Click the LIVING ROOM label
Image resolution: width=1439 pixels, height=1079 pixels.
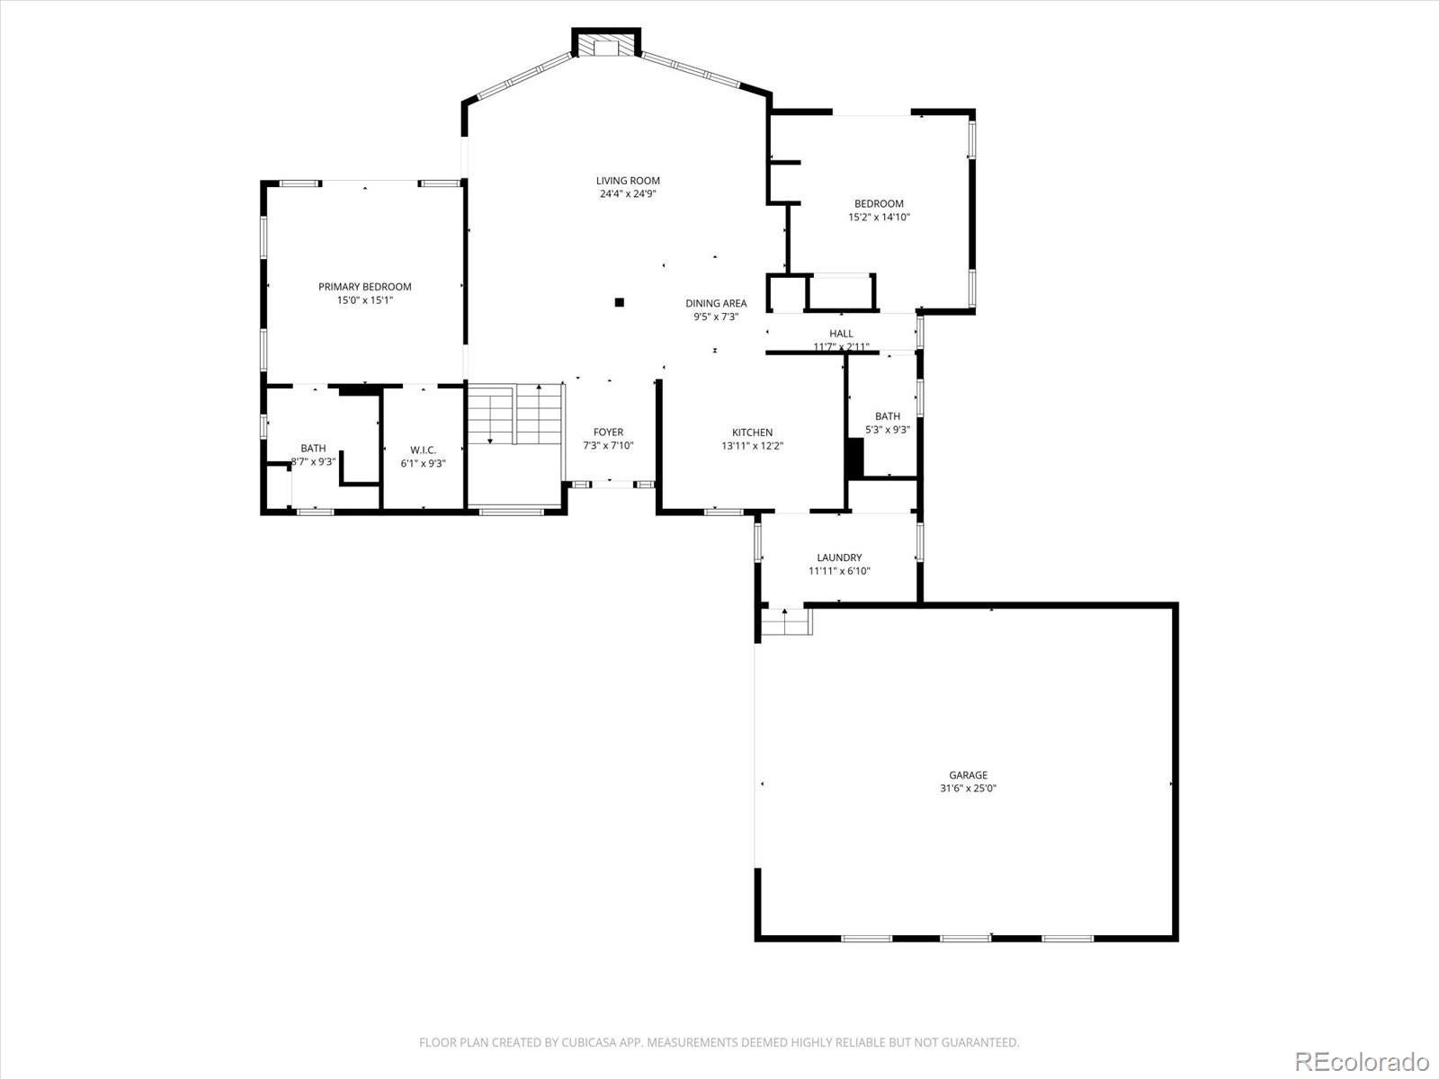click(628, 181)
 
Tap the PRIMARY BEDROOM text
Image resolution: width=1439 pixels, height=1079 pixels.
click(365, 287)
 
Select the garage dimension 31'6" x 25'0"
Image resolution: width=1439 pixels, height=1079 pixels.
click(968, 789)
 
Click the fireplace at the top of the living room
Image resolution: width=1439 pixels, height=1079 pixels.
click(608, 47)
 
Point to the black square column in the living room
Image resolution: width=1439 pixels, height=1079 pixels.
click(619, 303)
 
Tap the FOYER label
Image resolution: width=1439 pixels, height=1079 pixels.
click(608, 432)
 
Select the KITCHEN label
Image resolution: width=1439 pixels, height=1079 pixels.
click(752, 432)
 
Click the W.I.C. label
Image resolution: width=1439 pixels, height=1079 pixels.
click(423, 450)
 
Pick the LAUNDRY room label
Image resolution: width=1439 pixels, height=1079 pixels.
click(839, 557)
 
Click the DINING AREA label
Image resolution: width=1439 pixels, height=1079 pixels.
click(716, 303)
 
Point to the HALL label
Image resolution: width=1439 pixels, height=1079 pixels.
click(841, 334)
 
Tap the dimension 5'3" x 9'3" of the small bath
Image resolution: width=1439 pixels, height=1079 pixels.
click(887, 430)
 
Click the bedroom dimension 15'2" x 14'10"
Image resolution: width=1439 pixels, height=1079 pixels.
click(879, 217)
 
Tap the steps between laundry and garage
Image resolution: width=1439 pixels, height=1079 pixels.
click(785, 621)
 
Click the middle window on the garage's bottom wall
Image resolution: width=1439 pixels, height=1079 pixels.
click(965, 938)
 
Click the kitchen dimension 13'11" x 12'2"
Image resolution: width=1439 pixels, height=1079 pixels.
click(752, 446)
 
